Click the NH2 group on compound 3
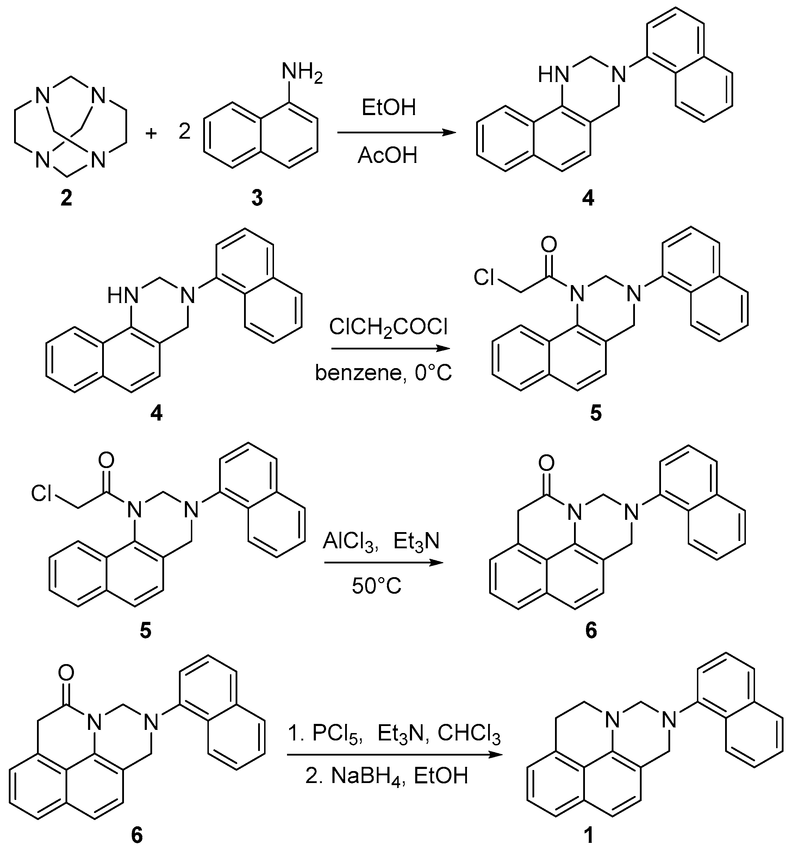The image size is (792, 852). coord(301,72)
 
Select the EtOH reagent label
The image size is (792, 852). coord(388,108)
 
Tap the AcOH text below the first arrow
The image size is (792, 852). coord(387,155)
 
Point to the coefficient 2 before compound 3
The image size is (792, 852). coord(184,132)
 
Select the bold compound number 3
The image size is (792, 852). coord(257,198)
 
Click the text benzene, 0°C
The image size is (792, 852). coord(383,373)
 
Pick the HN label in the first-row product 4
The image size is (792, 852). coord(553,75)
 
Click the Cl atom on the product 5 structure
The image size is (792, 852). coord(484,278)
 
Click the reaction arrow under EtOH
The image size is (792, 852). coord(397,133)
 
